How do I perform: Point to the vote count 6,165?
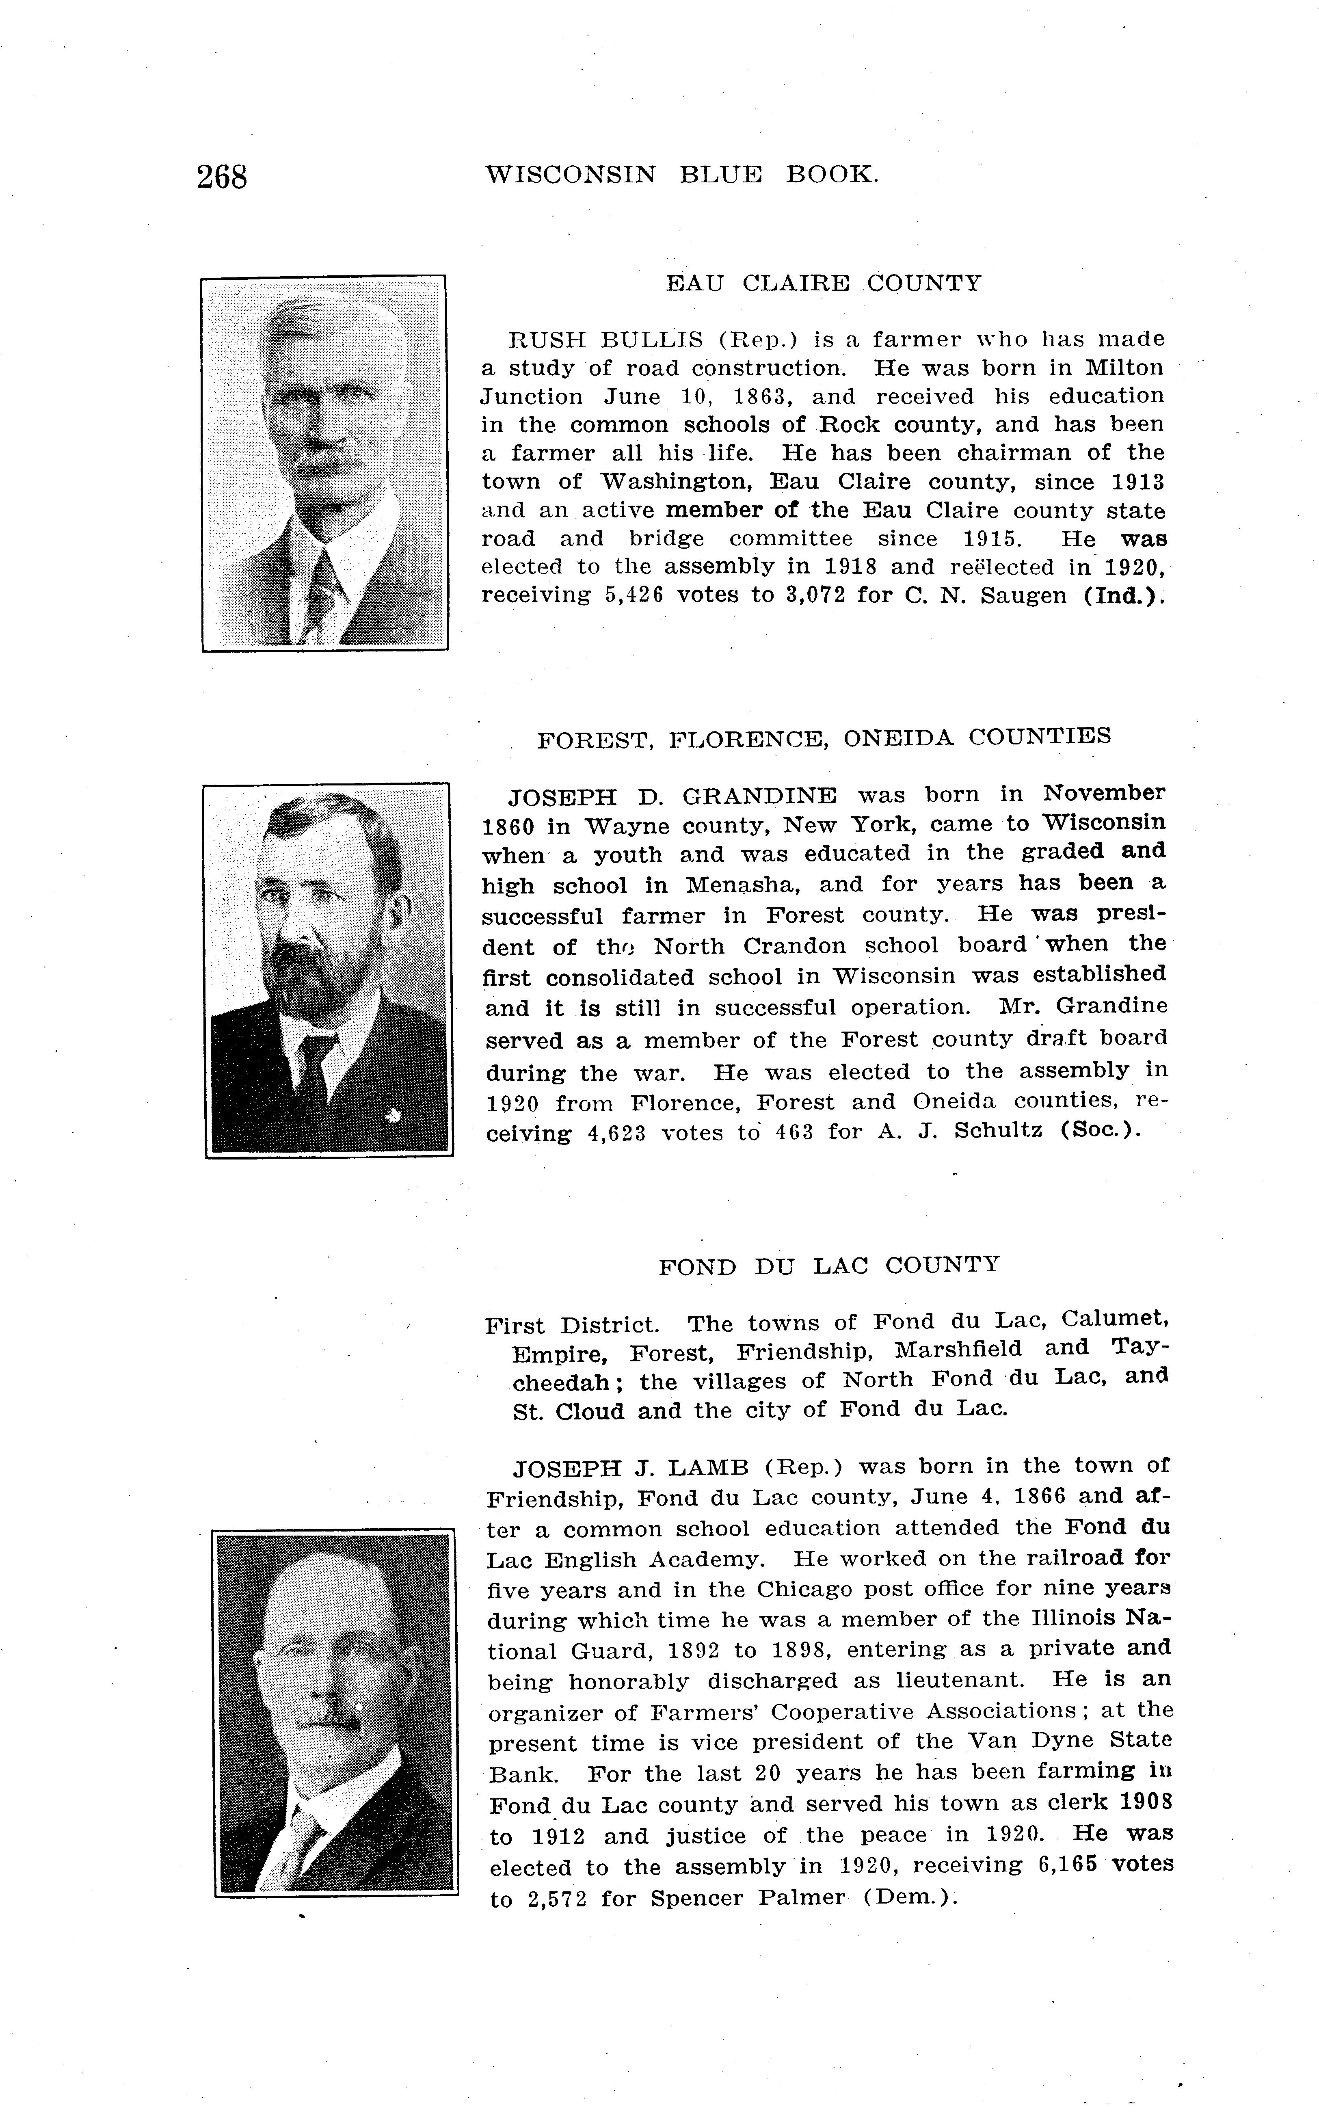pyautogui.click(x=1067, y=1865)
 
